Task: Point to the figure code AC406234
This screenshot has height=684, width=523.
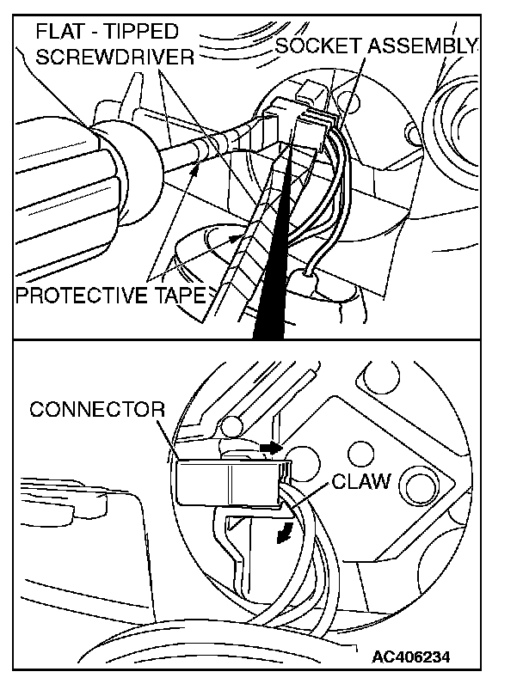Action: coord(412,657)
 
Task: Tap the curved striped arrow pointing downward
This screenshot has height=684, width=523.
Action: coord(280,535)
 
